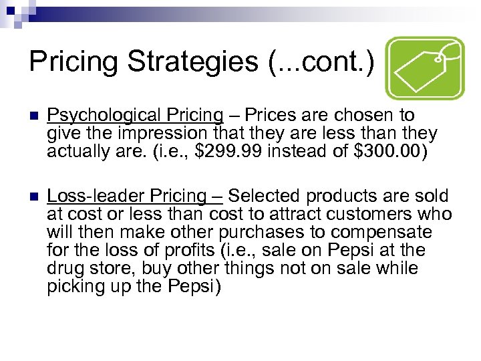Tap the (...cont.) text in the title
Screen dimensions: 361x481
(x=321, y=61)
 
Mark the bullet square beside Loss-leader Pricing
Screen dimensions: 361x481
(x=27, y=197)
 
